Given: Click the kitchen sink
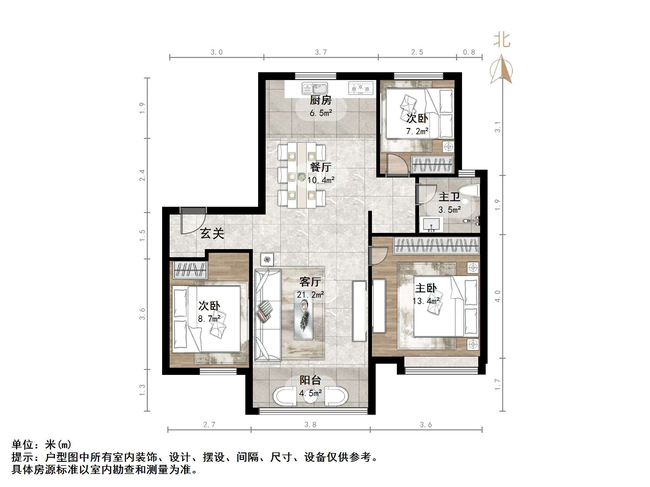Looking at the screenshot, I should click(315, 88).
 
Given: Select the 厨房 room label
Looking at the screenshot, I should click(320, 101).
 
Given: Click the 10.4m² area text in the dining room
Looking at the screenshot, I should click(321, 180).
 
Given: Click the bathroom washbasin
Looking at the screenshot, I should click(431, 225).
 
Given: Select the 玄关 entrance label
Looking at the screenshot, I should click(212, 233).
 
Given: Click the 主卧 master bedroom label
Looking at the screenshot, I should click(426, 288).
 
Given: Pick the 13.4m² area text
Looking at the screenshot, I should click(426, 301).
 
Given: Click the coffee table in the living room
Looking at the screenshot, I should click(304, 321).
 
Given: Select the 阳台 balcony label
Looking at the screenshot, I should click(310, 380).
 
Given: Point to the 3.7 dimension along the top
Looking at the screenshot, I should click(321, 52).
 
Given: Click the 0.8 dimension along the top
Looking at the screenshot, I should click(469, 52).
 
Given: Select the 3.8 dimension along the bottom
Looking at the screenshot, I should click(310, 425).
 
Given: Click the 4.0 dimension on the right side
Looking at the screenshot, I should click(497, 296).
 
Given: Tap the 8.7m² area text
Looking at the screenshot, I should click(209, 319).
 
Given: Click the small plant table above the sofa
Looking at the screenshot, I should click(267, 259).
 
